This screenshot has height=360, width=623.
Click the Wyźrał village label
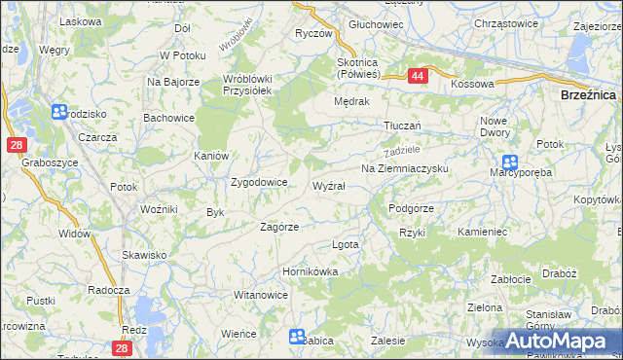[x=328, y=185]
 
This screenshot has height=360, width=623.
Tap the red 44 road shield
[x=417, y=76]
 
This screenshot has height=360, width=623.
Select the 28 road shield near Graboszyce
[x=16, y=145]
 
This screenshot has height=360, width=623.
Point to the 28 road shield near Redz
[x=122, y=347]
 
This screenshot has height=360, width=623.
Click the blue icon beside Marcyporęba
[x=509, y=163]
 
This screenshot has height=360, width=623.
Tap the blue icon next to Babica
[x=297, y=336]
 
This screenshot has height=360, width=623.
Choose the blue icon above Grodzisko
[x=59, y=113]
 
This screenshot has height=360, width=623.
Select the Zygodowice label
[x=258, y=182]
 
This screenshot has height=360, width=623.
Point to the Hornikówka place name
[x=310, y=271]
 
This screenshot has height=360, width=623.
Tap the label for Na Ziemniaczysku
[x=404, y=168]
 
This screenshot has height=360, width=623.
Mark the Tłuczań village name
[x=401, y=126]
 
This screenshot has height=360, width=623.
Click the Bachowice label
[x=168, y=118]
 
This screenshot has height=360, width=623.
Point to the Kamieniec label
[x=483, y=234]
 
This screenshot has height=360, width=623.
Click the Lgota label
[x=346, y=244]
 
